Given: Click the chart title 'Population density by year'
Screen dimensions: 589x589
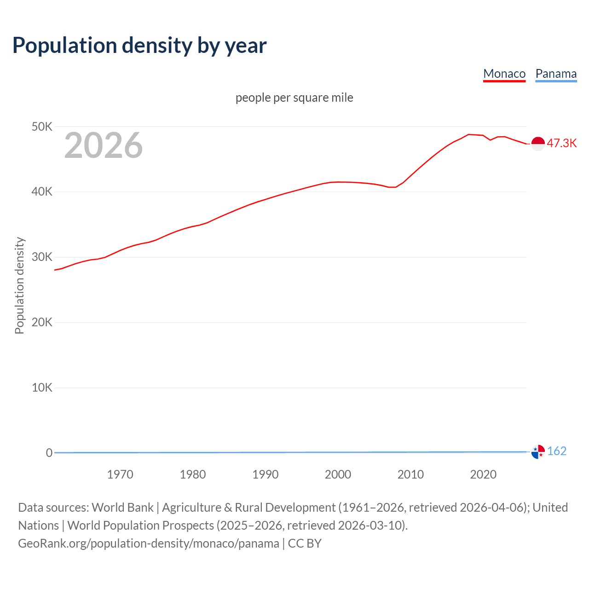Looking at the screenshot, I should (x=139, y=45).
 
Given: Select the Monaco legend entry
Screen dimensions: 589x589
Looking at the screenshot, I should (x=504, y=74).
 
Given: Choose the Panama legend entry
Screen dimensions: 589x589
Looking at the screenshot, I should (x=556, y=74).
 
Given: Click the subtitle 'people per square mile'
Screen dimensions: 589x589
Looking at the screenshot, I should (x=294, y=98).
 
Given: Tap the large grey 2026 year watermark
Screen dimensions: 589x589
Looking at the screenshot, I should (x=104, y=145).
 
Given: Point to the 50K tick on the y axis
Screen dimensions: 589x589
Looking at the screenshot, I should (x=42, y=127).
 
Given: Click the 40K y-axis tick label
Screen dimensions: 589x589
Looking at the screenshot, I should (x=42, y=192).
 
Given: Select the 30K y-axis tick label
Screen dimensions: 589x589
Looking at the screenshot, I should (x=42, y=257).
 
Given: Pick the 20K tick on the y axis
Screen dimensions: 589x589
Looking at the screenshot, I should (x=42, y=322).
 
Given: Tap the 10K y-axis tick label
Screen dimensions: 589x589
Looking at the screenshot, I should (x=42, y=387).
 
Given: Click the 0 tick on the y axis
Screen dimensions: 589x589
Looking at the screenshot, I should (x=49, y=453).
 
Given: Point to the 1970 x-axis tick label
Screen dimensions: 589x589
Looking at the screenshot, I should (x=120, y=474).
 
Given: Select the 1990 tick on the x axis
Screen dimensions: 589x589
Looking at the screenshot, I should (x=266, y=474).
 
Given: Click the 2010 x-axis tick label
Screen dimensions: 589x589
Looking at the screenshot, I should (x=410, y=474).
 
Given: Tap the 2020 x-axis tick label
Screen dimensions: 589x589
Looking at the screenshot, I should (x=483, y=474).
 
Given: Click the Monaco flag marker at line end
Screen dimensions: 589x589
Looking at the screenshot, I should (x=538, y=144).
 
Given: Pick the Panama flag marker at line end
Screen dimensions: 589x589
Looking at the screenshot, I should (x=538, y=452).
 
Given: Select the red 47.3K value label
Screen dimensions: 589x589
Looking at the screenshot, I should (x=561, y=143).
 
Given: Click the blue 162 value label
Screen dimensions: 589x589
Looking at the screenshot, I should (x=557, y=451).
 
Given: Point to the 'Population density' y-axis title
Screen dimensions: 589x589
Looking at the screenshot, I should (x=19, y=285).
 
